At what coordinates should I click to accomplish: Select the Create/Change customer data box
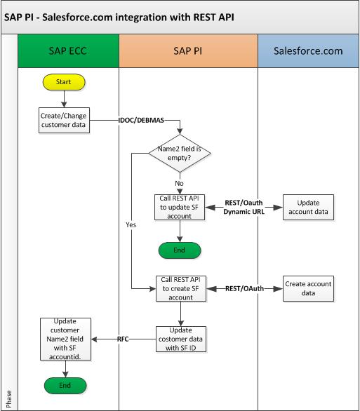pyautogui.click(x=65, y=120)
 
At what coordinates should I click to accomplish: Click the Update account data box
pyautogui.click(x=307, y=208)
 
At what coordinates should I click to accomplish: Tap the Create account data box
pyautogui.click(x=307, y=288)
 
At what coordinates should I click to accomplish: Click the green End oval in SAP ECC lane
pyautogui.click(x=65, y=385)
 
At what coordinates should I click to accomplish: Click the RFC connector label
pyautogui.click(x=124, y=339)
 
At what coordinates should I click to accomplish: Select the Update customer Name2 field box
pyautogui.click(x=65, y=339)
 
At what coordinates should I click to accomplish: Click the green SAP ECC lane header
pyautogui.click(x=65, y=53)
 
